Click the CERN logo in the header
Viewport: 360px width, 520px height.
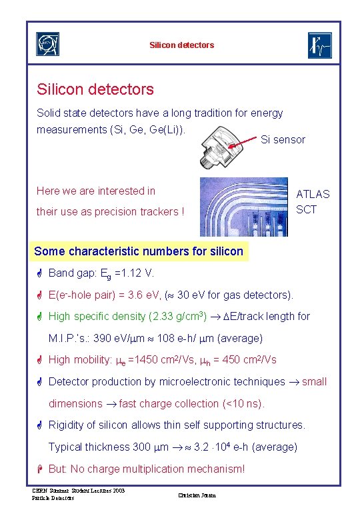click(47, 45)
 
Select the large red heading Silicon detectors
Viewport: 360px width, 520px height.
click(95, 89)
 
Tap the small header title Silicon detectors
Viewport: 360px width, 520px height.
click(182, 45)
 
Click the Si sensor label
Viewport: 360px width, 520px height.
click(283, 140)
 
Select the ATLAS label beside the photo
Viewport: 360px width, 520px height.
click(313, 194)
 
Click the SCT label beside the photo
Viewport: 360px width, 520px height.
click(307, 210)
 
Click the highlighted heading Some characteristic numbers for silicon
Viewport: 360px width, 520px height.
click(139, 251)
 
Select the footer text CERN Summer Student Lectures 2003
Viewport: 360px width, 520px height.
click(78, 491)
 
